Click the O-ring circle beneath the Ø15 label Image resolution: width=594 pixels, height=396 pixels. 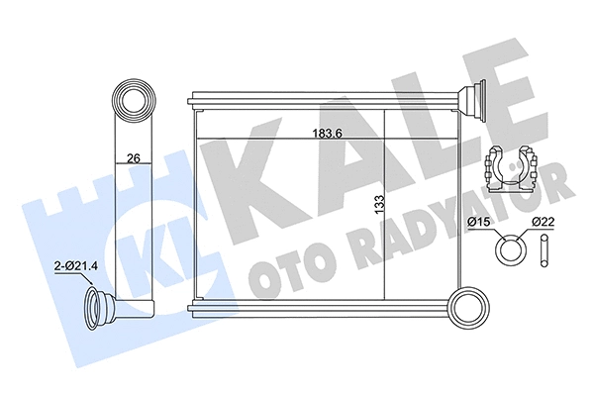click(509, 248)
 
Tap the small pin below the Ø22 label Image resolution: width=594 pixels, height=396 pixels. click(544, 249)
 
